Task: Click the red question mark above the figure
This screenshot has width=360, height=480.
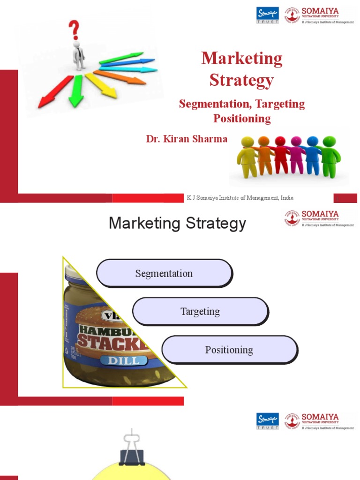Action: point(74,30)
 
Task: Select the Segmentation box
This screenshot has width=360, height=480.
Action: point(164,273)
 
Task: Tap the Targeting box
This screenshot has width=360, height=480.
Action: point(200,311)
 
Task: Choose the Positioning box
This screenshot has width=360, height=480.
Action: point(229,350)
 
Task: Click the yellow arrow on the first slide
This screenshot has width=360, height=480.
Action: point(102,86)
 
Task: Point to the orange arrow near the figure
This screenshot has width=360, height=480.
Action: point(120,76)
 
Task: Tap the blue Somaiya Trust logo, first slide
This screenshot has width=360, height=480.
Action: point(268,15)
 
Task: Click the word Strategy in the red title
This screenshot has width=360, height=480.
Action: point(241,80)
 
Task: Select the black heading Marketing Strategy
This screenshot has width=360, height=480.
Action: point(177,224)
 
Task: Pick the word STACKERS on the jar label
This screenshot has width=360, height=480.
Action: point(112,341)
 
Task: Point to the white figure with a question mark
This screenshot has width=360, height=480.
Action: point(78,55)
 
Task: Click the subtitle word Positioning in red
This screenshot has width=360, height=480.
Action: point(242,118)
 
